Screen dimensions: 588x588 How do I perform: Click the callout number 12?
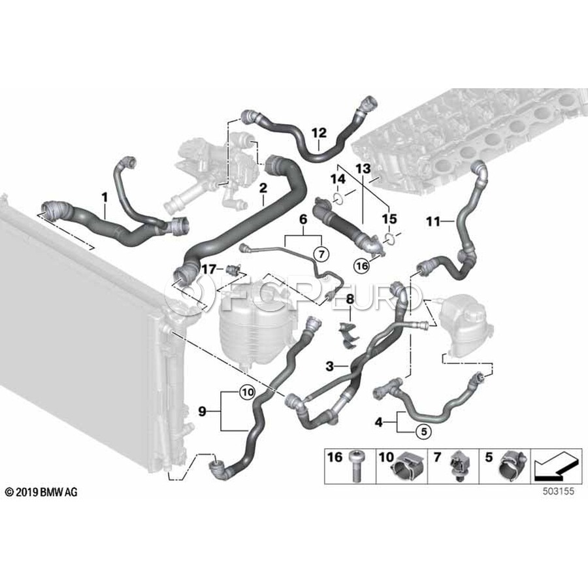[318, 133]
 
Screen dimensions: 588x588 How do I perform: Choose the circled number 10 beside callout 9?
[246, 393]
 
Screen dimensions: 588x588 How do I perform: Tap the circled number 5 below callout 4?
[421, 431]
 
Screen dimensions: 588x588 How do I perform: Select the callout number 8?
[350, 299]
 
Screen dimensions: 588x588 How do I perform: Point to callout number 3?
[331, 367]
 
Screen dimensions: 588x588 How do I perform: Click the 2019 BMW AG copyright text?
[41, 491]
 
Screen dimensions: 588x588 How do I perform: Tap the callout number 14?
[337, 178]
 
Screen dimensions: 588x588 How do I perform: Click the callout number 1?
[103, 195]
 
